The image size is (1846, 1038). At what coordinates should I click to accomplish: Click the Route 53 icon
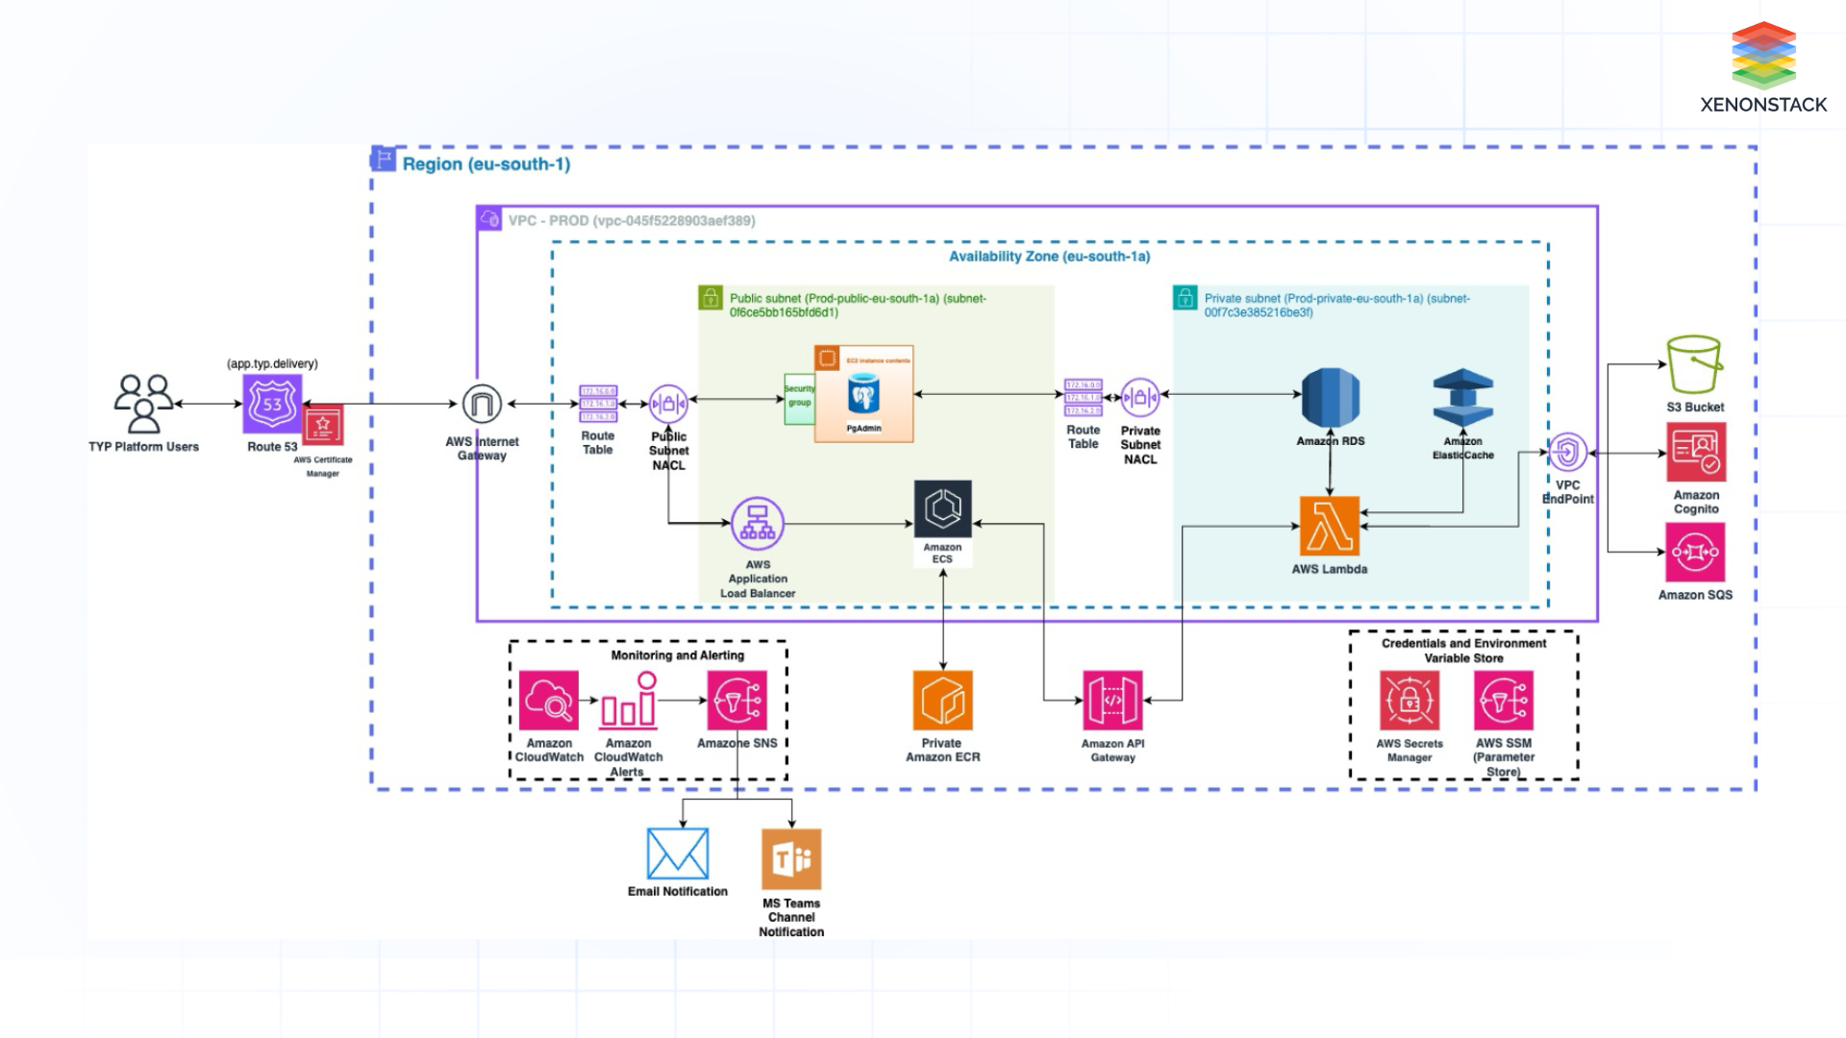272,404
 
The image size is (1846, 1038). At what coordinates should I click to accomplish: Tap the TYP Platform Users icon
143,404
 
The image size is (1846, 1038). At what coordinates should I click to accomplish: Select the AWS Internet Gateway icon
482,404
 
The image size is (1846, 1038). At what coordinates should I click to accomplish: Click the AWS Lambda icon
1330,526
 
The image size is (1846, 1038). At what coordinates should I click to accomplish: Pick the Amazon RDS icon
1330,398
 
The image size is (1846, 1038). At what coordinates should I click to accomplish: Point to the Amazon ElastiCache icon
1462,398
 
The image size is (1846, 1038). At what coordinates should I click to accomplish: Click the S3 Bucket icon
1694,364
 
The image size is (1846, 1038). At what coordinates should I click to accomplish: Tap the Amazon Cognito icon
1696,453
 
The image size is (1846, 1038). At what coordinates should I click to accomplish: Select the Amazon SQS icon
1695,553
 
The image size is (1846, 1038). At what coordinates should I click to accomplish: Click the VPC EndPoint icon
1567,453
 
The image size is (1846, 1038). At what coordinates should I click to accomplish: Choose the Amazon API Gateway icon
1112,701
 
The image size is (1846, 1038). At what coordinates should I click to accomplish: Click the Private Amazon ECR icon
942,701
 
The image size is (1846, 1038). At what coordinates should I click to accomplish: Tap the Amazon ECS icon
942,509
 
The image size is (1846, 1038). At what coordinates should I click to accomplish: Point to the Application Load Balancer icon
758,524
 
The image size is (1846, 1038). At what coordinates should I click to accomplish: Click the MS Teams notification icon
791,859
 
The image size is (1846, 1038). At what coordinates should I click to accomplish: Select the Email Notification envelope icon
678,853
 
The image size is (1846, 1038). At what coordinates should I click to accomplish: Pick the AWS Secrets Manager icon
1409,701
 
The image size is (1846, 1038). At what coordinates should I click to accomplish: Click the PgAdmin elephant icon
863,396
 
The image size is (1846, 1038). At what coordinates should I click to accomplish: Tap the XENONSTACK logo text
1762,105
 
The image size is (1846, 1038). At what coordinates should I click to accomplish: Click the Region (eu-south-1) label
486,164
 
